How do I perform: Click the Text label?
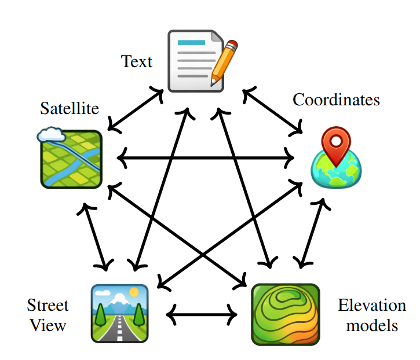137,61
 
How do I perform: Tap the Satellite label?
70,108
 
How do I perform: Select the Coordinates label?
336,100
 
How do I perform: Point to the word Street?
48,306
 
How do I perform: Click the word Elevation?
372,306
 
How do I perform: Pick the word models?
372,325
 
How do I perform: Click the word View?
48,325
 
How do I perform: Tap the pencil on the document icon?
224,60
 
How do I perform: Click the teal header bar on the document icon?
192,43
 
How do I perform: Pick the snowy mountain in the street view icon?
119,300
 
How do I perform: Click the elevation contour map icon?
286,314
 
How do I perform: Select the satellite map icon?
72,159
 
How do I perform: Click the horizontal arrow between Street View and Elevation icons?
201,315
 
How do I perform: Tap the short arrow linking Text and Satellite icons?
137,107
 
